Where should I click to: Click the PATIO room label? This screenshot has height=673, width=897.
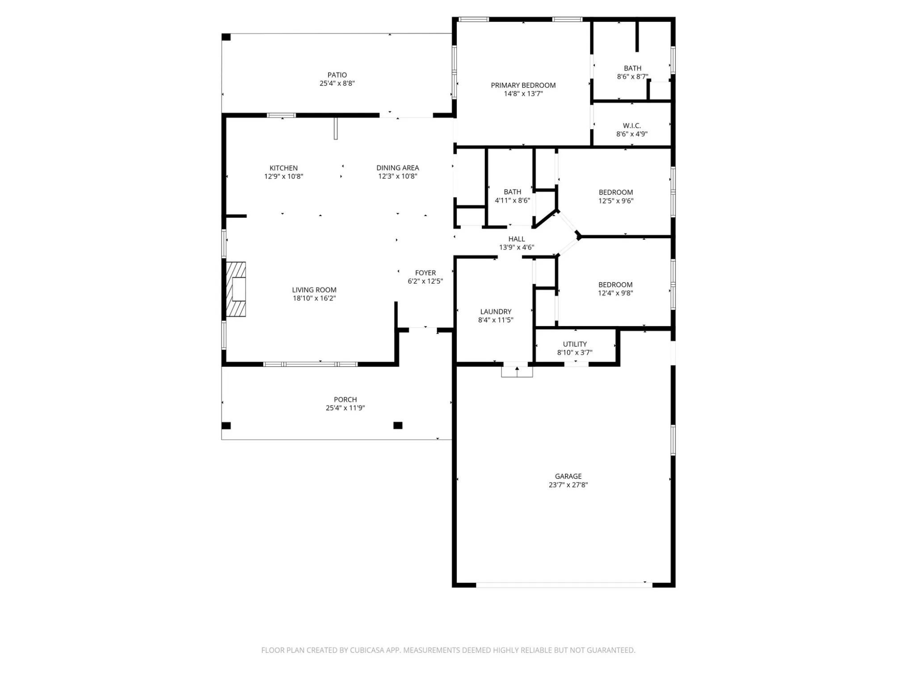click(337, 75)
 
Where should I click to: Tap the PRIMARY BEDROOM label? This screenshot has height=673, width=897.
click(523, 85)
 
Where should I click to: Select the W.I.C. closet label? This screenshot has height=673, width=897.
click(632, 126)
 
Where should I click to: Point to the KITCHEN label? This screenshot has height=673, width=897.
click(283, 168)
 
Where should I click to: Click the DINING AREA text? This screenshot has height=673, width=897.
click(397, 168)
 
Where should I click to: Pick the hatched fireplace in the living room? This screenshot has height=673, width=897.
click(236, 289)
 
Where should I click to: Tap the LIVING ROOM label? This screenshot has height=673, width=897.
click(314, 290)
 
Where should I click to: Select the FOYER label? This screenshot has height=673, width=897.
click(425, 273)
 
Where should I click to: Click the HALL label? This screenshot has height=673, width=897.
click(516, 239)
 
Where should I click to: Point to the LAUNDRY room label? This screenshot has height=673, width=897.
click(496, 312)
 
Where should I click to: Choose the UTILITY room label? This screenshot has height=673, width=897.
click(575, 344)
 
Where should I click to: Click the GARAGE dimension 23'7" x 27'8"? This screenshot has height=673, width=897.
click(568, 485)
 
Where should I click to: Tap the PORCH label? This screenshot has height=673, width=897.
click(345, 400)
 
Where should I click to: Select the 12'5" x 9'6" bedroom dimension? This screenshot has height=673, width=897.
click(616, 201)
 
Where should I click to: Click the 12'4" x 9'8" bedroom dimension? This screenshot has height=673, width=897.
click(615, 293)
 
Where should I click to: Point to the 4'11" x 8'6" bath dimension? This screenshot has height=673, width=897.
click(512, 200)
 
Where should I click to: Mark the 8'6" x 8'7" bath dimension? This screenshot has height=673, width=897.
click(632, 76)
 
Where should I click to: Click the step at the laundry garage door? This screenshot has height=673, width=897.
click(517, 372)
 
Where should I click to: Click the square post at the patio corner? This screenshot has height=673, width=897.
click(226, 37)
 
